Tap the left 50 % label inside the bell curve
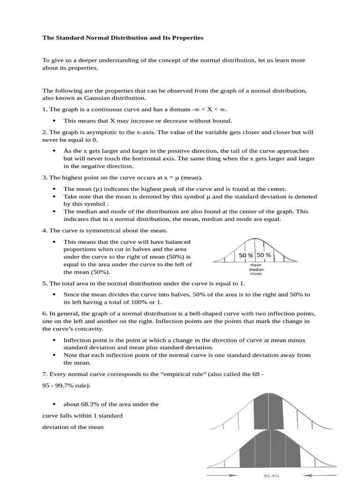pos(247,255)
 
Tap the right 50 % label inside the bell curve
pos(264,255)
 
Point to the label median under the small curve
pos(256,270)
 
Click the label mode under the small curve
pos(256,274)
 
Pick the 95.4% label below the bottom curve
pos(271,476)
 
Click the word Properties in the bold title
pos(189,38)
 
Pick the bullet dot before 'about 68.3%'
pos(55,404)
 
